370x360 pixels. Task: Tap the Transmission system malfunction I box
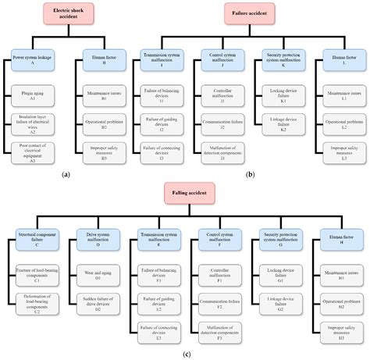click(165, 60)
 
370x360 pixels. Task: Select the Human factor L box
click(339, 60)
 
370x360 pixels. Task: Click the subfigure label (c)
click(185, 353)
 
